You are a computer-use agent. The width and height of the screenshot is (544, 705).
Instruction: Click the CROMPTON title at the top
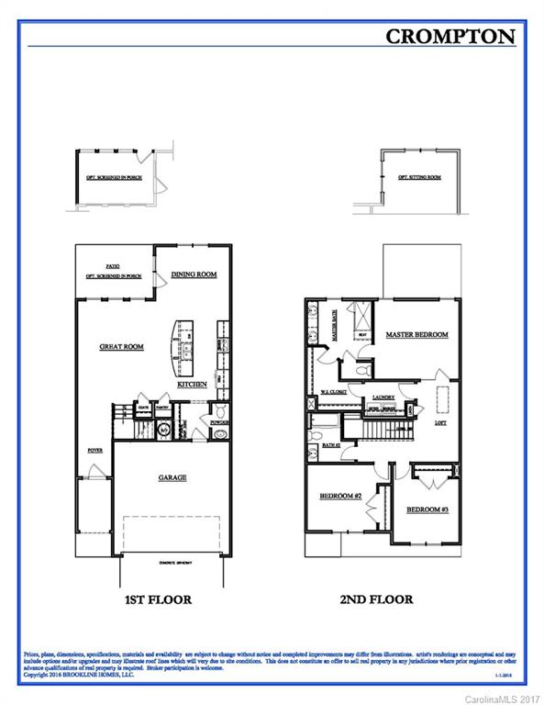(x=450, y=36)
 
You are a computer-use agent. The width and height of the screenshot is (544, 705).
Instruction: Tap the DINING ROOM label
(x=194, y=274)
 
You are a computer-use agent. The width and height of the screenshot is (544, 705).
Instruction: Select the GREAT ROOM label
(x=122, y=347)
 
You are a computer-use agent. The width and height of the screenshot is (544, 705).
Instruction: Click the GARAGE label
(x=172, y=477)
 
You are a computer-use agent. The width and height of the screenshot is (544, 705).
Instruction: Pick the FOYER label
(x=94, y=451)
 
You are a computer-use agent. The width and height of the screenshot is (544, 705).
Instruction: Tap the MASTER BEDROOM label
(x=416, y=334)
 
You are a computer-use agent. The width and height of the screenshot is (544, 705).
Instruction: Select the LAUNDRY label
(x=383, y=398)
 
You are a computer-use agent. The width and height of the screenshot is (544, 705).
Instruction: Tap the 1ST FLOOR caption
(x=158, y=599)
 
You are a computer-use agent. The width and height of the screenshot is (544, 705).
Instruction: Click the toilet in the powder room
(x=219, y=411)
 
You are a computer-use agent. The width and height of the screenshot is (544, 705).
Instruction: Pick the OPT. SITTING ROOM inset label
(x=419, y=177)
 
